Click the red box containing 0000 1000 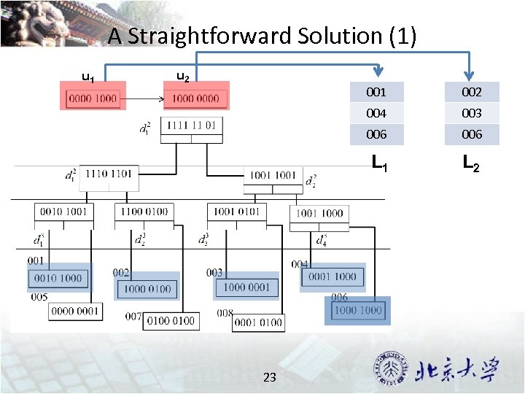[93, 98]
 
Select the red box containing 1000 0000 [196, 98]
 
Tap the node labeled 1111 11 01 [191, 125]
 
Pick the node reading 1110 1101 [109, 174]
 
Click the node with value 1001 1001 [273, 176]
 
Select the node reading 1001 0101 [237, 212]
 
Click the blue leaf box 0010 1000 [58, 278]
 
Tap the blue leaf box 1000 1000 [357, 310]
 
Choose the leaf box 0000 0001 [75, 311]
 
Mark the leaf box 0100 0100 [171, 320]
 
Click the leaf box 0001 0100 [258, 322]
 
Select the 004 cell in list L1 [376, 113]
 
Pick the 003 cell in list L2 [471, 113]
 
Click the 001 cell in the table [376, 92]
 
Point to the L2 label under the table [471, 166]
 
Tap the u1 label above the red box [87, 77]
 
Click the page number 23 [269, 377]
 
